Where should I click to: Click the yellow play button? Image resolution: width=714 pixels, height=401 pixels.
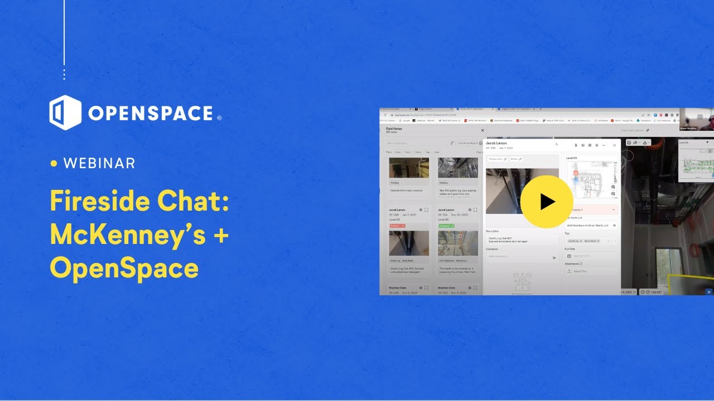pyautogui.click(x=547, y=202)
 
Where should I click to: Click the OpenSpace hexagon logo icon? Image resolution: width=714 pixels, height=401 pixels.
pyautogui.click(x=65, y=113)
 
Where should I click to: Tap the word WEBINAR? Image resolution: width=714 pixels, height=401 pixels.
pyautogui.click(x=99, y=163)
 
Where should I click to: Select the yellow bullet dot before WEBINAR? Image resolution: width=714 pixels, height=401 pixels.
pyautogui.click(x=54, y=164)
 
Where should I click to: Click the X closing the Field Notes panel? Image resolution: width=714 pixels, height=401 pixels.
pyautogui.click(x=483, y=130)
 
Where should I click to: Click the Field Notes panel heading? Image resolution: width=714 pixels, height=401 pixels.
pyautogui.click(x=394, y=129)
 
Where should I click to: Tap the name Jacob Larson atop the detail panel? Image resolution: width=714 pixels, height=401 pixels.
pyautogui.click(x=496, y=143)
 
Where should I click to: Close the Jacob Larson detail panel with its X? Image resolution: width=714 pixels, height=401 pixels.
pyautogui.click(x=615, y=145)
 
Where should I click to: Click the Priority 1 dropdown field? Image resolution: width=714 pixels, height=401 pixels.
pyautogui.click(x=591, y=209)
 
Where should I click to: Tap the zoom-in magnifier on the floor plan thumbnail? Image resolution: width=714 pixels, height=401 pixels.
pyautogui.click(x=614, y=187)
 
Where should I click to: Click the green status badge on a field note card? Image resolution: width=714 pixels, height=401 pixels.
pyautogui.click(x=446, y=226)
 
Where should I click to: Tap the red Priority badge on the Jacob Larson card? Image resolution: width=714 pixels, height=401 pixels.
pyautogui.click(x=397, y=226)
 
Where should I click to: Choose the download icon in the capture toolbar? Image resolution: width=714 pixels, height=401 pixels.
pyautogui.click(x=645, y=142)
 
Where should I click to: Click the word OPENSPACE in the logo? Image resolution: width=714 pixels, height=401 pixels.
pyautogui.click(x=151, y=114)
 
